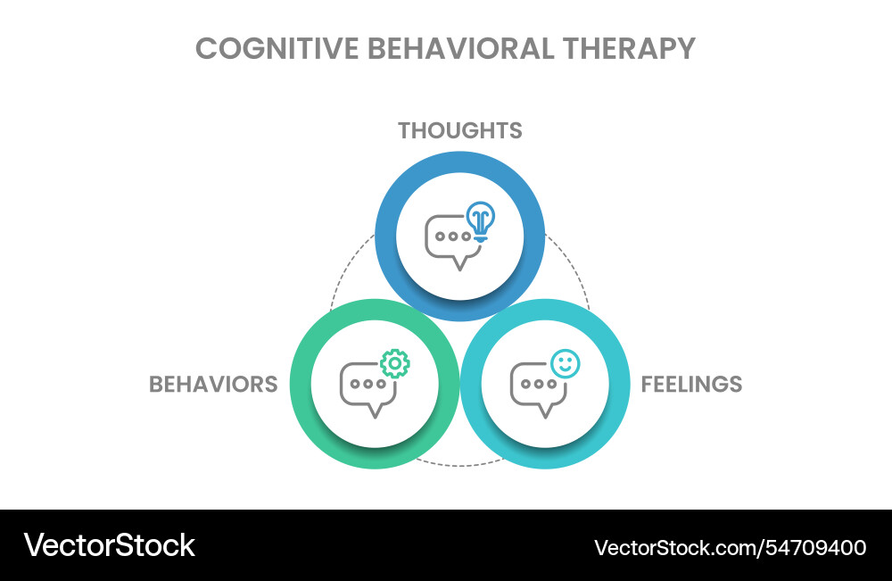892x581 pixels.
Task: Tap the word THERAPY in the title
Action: click(630, 48)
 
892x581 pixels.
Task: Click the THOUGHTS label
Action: click(459, 130)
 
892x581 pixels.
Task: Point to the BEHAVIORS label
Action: click(213, 384)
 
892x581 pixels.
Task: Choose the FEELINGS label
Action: click(691, 384)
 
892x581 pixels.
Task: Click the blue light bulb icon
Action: click(481, 221)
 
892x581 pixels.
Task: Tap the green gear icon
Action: click(394, 363)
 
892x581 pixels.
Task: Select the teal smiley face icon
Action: click(565, 363)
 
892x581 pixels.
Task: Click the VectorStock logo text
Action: click(109, 545)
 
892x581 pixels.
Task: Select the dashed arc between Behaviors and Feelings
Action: click(459, 464)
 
